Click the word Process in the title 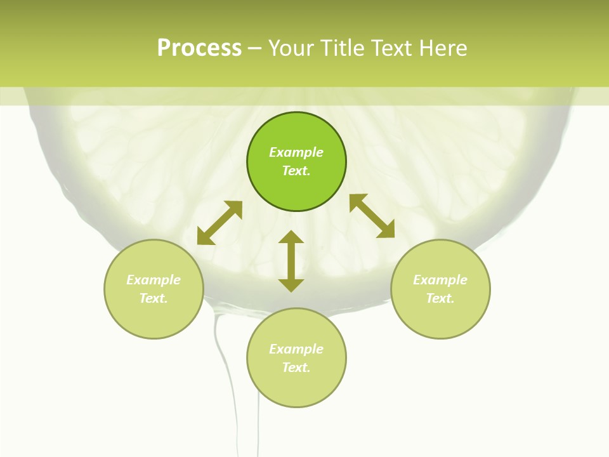199,48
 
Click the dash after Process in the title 254,49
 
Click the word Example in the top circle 296,152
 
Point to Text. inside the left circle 154,298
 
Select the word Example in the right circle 440,280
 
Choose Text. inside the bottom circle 296,368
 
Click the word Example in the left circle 154,280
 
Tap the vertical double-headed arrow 291,261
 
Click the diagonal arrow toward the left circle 219,223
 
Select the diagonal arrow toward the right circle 372,216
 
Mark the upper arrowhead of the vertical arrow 291,237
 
